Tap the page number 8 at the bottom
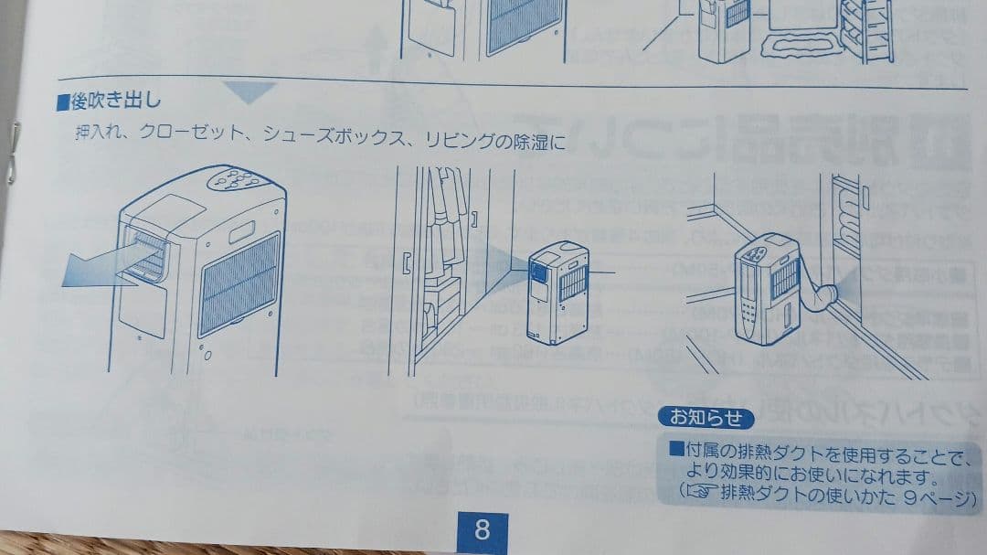click(482, 529)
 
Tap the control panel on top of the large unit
click(237, 178)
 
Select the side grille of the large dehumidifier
click(239, 283)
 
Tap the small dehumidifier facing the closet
click(557, 291)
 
